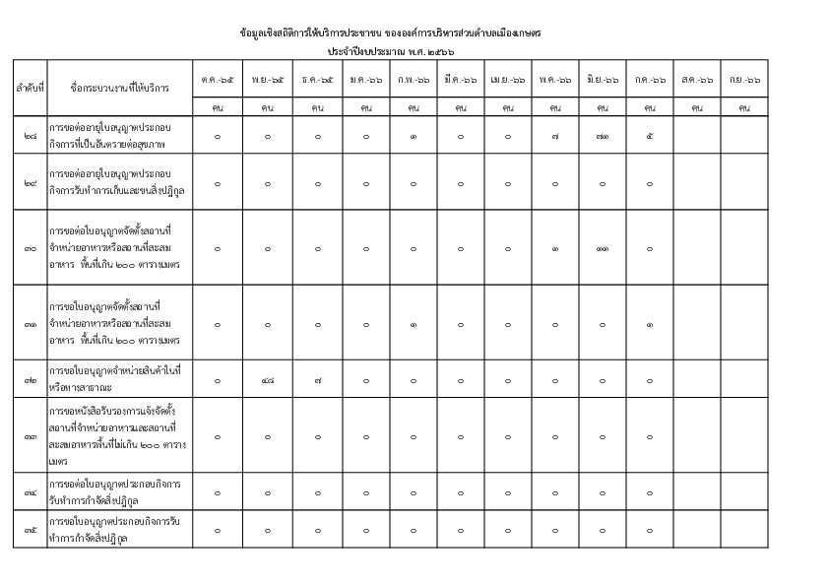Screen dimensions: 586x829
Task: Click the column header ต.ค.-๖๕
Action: click(x=217, y=79)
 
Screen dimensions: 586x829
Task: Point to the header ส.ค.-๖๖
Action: click(x=697, y=79)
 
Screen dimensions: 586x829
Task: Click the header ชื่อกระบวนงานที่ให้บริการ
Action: click(x=120, y=88)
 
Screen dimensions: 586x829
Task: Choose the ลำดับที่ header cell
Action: click(x=30, y=88)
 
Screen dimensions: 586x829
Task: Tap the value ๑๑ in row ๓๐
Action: click(x=602, y=248)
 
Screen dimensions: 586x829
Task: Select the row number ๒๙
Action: click(x=30, y=182)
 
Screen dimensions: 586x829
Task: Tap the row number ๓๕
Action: click(x=30, y=530)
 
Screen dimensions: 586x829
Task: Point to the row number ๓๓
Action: click(x=30, y=435)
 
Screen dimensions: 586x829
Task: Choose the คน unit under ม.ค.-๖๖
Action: click(x=364, y=107)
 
